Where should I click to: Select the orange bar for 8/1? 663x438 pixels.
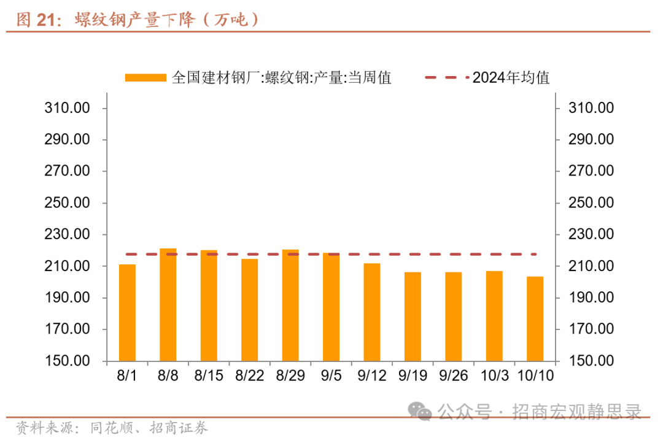coord(127,312)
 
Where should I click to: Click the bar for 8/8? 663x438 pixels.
coord(168,304)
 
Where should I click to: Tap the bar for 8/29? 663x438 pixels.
coord(290,305)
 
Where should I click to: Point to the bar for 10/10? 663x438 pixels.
coord(535,318)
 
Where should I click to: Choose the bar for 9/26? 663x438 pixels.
coord(454,316)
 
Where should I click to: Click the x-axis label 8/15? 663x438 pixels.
coord(209,375)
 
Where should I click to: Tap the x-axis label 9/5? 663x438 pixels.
coord(331,375)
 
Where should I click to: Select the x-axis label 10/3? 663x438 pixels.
coord(494,375)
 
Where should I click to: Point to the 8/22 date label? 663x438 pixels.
coord(249,375)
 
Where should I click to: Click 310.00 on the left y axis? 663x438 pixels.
coord(68,108)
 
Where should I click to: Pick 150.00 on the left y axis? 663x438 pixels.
coord(68,361)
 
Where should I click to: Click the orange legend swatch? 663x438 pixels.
coord(145,78)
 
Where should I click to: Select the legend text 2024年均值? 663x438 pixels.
coord(511,78)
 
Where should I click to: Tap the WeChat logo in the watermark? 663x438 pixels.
coord(422,411)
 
